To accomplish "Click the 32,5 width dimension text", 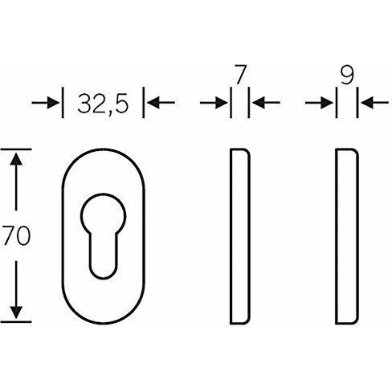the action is click(103, 104).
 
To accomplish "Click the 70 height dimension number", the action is click(17, 235).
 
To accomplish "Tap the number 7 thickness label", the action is click(240, 74).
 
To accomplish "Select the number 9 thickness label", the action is click(347, 75).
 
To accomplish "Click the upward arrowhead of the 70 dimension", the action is click(16, 159).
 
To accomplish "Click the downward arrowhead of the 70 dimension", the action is click(16, 312).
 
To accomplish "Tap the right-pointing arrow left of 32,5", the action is click(45, 103).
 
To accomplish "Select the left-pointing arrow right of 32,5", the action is click(161, 103).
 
